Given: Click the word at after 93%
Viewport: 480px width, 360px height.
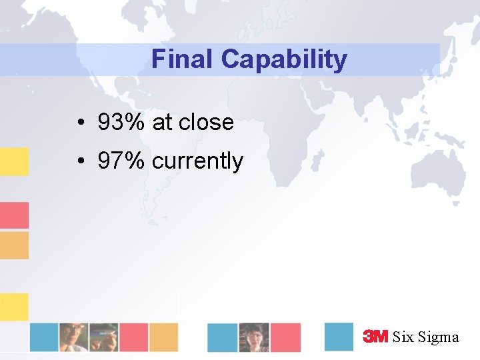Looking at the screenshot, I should click(162, 123).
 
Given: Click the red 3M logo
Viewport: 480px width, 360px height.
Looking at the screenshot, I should click(375, 337).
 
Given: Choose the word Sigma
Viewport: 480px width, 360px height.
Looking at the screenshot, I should click(439, 337).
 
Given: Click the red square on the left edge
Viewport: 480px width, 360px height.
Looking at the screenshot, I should click(14, 215).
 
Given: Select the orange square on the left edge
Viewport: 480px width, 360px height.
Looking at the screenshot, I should click(14, 245).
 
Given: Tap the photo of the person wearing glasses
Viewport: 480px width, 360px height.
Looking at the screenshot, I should click(73, 337).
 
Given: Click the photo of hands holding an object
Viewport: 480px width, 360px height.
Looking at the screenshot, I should click(104, 337).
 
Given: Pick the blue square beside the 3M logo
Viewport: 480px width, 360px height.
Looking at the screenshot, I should click(339, 337).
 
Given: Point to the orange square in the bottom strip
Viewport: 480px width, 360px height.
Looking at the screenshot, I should click(163, 337).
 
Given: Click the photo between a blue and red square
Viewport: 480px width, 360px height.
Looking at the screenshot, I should click(254, 337).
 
